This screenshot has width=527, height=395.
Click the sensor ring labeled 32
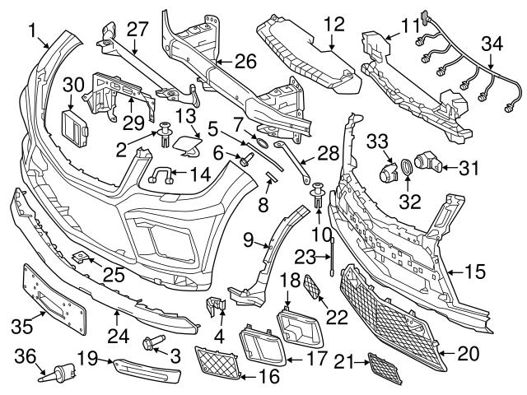point(406,170)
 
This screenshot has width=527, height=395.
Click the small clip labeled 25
point(81,258)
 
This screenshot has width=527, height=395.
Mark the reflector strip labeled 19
point(146,367)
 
